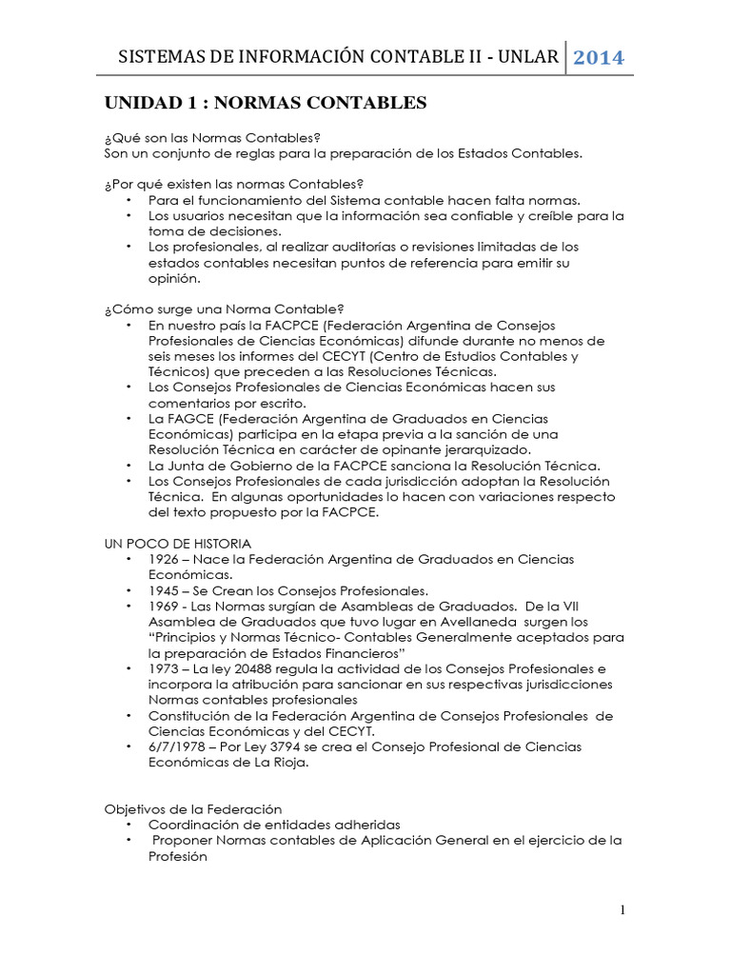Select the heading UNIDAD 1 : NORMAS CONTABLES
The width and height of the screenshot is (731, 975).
[266, 102]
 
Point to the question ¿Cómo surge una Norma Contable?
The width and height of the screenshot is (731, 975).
[224, 309]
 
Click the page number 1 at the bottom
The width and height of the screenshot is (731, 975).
[622, 910]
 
